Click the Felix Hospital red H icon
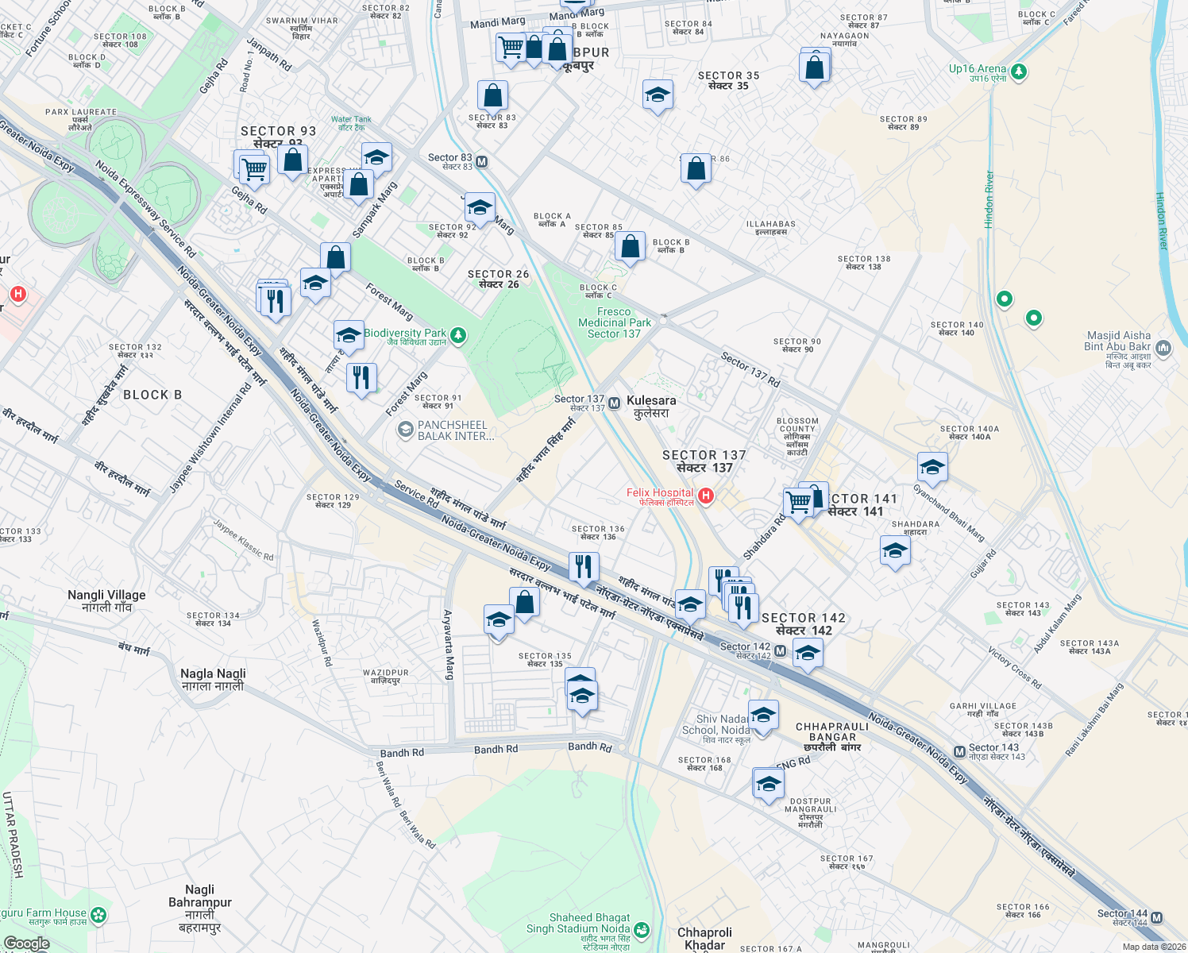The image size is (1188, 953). [x=705, y=496]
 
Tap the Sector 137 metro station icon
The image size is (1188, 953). [x=615, y=403]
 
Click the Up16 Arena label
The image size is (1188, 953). [x=978, y=69]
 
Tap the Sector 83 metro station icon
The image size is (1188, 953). [x=481, y=162]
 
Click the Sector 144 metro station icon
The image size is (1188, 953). [x=1156, y=917]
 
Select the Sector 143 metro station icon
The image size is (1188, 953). [x=959, y=751]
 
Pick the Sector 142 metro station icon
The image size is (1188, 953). [x=781, y=651]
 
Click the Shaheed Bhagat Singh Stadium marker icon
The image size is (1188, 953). [x=642, y=929]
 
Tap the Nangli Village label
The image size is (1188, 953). [x=106, y=600]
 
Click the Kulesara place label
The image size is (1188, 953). [x=651, y=407]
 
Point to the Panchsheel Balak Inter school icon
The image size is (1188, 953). [x=405, y=430]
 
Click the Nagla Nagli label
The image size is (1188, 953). [x=213, y=679]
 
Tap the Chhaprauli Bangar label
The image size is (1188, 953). [x=832, y=736]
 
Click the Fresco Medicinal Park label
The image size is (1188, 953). [x=614, y=322]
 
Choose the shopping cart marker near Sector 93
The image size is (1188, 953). [x=253, y=168]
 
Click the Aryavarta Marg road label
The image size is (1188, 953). [x=449, y=644]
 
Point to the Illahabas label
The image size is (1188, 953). [x=770, y=228]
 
